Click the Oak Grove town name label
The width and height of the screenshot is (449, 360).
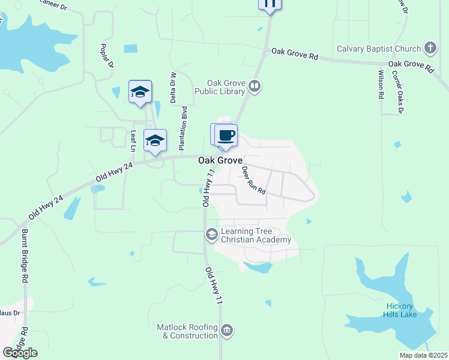coord(220,161)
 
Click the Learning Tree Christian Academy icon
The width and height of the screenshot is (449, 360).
coord(211,235)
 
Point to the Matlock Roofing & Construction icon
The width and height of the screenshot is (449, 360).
coord(227,331)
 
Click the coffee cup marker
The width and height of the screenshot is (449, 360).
coord(226,135)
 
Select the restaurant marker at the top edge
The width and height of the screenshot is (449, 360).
coord(270,4)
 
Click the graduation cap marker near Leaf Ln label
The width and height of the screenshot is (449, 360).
coord(140,92)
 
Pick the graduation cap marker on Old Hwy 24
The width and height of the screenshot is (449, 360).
coord(155,141)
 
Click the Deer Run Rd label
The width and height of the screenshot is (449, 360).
coord(253,179)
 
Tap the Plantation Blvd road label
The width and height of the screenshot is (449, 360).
coord(183,128)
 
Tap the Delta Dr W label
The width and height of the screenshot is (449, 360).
coord(173,87)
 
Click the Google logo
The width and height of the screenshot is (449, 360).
coord(20,353)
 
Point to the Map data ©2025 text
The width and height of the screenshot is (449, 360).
coord(423,355)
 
